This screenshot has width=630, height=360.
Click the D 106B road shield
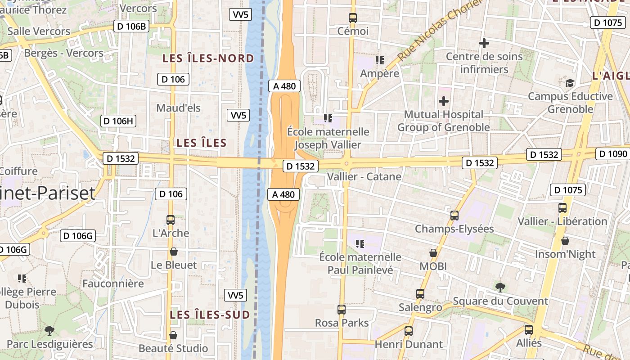point(131,26)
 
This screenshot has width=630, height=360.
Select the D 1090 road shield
point(613,154)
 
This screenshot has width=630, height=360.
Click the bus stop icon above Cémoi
point(353,18)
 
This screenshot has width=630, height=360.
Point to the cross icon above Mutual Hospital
point(444,101)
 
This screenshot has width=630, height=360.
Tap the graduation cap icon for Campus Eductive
point(570,83)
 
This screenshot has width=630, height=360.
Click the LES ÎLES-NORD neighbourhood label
point(208,58)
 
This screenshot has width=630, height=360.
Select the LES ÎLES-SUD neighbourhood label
point(210,315)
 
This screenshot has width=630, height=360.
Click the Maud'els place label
point(178,108)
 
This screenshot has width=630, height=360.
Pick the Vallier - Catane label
point(364,176)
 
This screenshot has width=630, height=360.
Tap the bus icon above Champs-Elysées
point(454,216)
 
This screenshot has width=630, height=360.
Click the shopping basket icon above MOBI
point(433,253)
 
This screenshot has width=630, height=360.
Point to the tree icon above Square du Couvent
point(500,288)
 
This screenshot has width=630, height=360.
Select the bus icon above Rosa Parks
point(342,310)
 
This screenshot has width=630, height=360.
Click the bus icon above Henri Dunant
point(409,331)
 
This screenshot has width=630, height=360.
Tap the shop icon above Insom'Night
point(565,241)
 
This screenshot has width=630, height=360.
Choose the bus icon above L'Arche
point(171,220)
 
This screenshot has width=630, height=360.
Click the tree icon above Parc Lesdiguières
point(49,331)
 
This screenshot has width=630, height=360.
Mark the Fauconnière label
point(113,283)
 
